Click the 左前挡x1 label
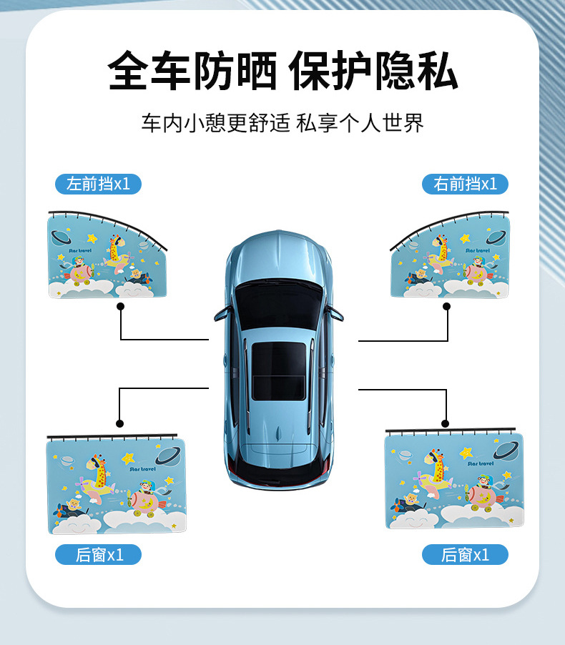(98, 184)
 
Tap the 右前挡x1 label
(465, 184)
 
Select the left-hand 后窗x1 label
(98, 554)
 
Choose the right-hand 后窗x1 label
(465, 554)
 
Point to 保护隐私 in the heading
(373, 70)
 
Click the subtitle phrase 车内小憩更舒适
(215, 122)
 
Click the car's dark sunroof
(278, 370)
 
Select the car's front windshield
(279, 304)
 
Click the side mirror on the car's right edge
(335, 312)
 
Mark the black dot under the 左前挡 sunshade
(120, 306)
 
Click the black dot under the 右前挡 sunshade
(447, 306)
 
